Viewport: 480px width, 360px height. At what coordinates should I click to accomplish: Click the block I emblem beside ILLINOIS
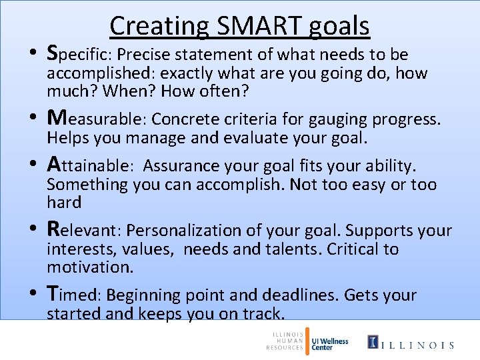375,343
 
